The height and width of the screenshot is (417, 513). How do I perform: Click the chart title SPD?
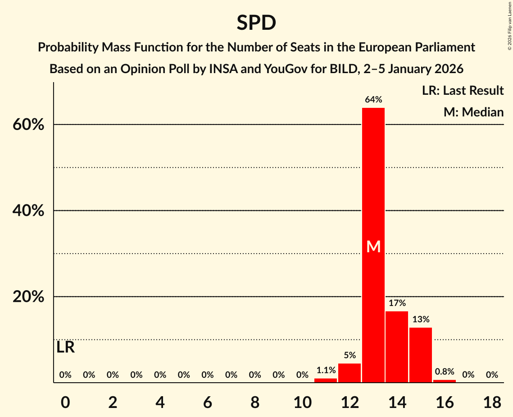tap(256, 23)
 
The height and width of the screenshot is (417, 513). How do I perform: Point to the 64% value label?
tap(373, 100)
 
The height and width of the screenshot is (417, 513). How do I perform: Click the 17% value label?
tap(397, 303)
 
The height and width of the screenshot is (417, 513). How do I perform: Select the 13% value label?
tap(421, 320)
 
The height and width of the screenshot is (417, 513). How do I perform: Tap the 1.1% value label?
tap(326, 371)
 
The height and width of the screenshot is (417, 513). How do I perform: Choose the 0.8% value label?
tap(445, 372)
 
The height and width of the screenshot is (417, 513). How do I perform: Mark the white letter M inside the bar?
tap(373, 246)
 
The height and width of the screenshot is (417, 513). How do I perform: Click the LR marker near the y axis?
tap(66, 347)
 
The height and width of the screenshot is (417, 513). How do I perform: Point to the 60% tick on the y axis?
tap(28, 125)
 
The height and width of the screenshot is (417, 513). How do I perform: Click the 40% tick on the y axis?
tap(28, 211)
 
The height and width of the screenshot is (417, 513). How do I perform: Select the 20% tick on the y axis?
tap(28, 297)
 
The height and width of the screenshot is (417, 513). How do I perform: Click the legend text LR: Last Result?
tap(463, 91)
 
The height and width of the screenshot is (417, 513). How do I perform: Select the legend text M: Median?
tap(473, 112)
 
